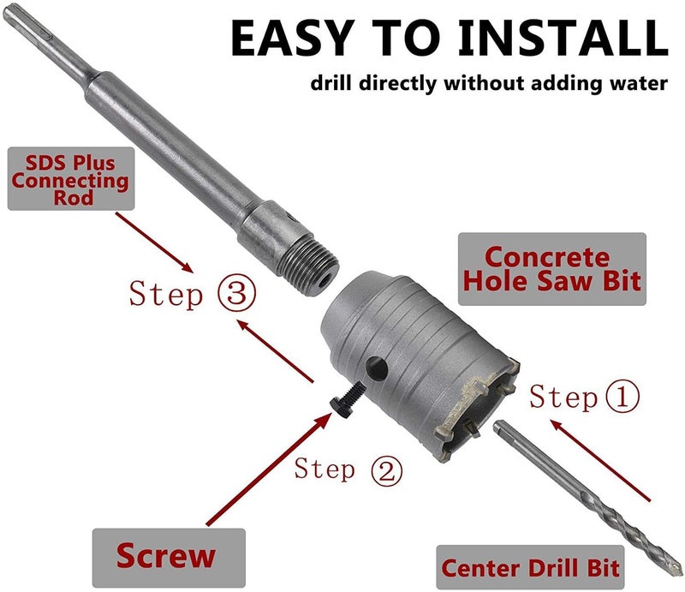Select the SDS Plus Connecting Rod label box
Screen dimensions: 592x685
[x=70, y=178]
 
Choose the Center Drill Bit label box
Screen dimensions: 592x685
[x=530, y=566]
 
